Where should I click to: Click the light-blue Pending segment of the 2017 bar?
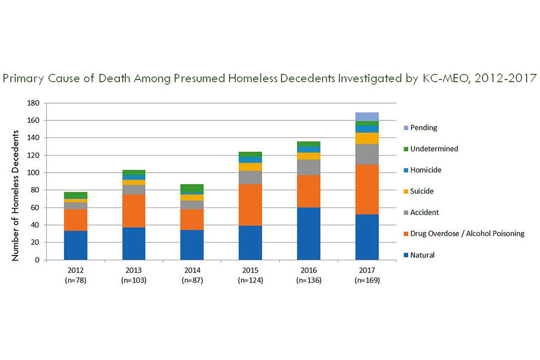pos(367,117)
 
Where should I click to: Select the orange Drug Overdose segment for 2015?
pos(250,204)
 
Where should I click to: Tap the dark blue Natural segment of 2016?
pos(309,234)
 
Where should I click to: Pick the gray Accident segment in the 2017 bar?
pos(367,154)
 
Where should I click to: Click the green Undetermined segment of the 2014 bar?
pos(192,188)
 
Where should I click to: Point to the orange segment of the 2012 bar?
pos(75,220)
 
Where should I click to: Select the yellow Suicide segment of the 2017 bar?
pos(367,138)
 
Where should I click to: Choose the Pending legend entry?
pos(423,128)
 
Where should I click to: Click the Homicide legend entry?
pos(426,170)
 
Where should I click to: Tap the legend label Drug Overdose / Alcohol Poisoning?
pos(467,234)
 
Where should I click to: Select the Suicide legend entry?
pos(422,191)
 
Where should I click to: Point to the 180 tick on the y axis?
pos(34,103)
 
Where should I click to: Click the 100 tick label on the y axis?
pos(34,173)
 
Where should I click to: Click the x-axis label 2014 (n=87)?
pos(192,275)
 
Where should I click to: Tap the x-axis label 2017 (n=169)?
pos(367,275)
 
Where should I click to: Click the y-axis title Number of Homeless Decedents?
pos(15,195)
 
